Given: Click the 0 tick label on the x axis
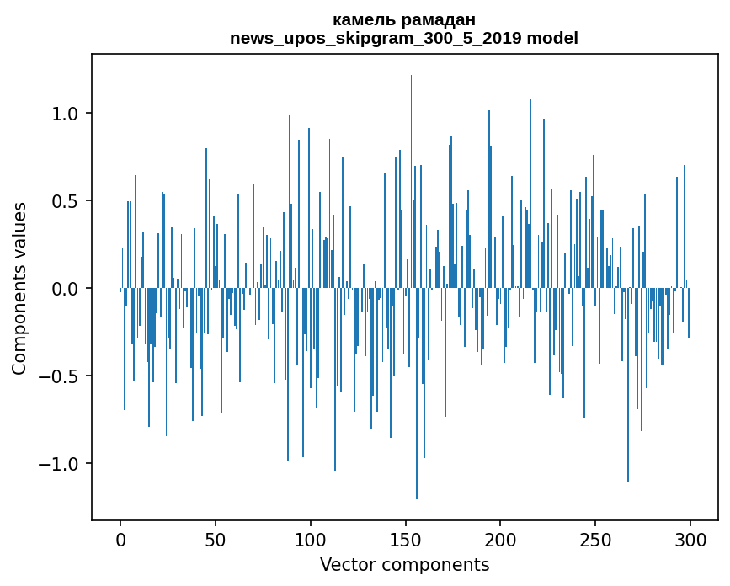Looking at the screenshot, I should point(120,539).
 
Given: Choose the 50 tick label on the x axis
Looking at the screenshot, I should point(216,539).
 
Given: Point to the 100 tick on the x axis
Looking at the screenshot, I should point(311,539).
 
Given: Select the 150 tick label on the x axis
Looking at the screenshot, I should point(406,539).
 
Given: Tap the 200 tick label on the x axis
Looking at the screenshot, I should point(501,539).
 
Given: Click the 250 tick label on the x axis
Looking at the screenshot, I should point(595,539).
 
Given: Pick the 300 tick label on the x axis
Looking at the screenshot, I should point(690,539).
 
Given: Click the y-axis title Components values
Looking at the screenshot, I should point(19,288).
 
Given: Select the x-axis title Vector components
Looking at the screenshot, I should point(404,565).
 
